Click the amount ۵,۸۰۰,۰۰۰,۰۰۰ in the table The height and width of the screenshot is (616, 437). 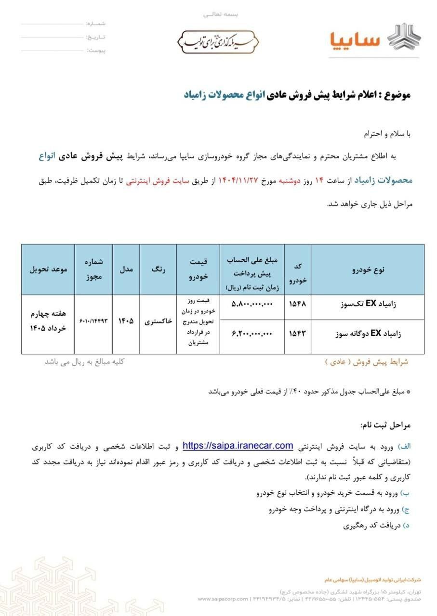252,305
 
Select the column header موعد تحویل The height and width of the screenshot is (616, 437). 48,269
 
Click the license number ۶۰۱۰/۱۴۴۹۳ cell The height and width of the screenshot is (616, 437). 93,321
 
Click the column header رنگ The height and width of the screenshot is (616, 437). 158,269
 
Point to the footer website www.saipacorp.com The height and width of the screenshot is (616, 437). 222,599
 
